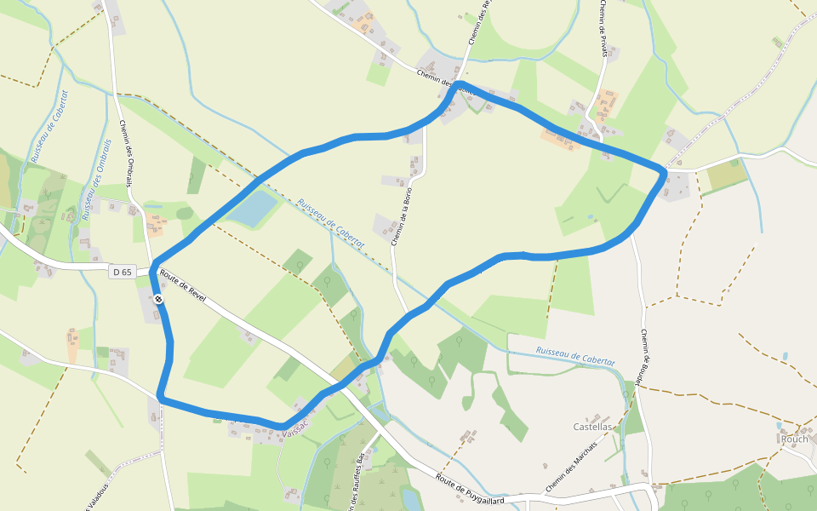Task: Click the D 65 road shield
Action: point(123,273)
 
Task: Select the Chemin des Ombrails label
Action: point(126,152)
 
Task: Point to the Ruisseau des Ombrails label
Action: point(96,180)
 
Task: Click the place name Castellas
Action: point(593,426)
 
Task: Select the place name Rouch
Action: point(793,439)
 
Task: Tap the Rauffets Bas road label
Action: point(357,481)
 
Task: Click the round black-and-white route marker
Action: point(159,299)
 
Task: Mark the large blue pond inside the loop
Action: point(252,209)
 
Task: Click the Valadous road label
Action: point(94,497)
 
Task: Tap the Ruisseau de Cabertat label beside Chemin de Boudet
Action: point(575,357)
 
